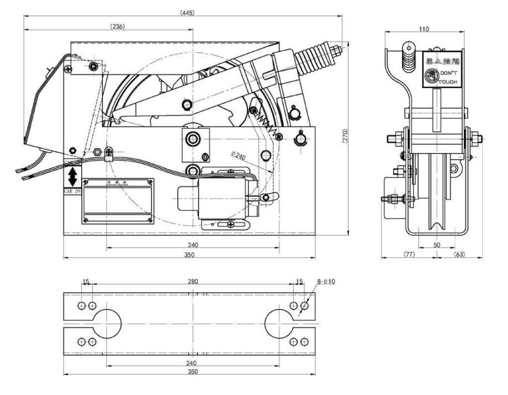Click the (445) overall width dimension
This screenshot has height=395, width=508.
(187, 12)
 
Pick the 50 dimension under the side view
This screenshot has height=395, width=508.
(437, 243)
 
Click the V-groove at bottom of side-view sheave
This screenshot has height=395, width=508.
(437, 225)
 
